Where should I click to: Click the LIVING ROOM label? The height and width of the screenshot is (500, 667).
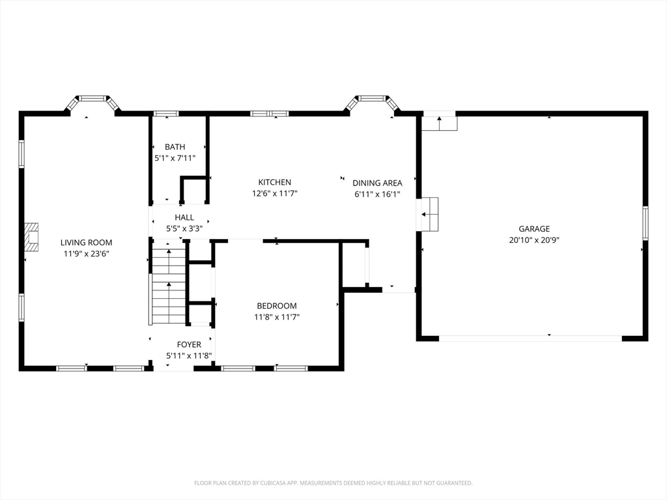(87, 243)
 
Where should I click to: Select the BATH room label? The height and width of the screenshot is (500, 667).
(175, 146)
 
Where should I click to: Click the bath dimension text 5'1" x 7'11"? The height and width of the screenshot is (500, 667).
(175, 158)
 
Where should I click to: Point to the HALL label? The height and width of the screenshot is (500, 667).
(184, 217)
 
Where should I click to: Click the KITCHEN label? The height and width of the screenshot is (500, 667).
(275, 182)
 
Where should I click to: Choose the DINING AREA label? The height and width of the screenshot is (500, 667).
(377, 183)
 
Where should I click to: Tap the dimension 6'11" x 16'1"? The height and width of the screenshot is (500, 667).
(377, 194)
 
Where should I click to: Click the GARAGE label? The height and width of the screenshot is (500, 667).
(534, 229)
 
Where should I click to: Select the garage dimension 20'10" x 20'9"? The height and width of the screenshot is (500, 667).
(534, 240)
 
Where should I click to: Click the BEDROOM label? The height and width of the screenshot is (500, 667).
(277, 306)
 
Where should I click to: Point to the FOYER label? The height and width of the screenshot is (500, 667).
(189, 344)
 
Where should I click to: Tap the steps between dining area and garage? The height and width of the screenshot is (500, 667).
(430, 214)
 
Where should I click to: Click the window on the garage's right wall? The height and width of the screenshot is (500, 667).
(646, 223)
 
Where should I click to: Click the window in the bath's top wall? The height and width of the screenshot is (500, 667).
(166, 113)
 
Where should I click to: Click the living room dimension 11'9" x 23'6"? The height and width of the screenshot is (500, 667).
(87, 254)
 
